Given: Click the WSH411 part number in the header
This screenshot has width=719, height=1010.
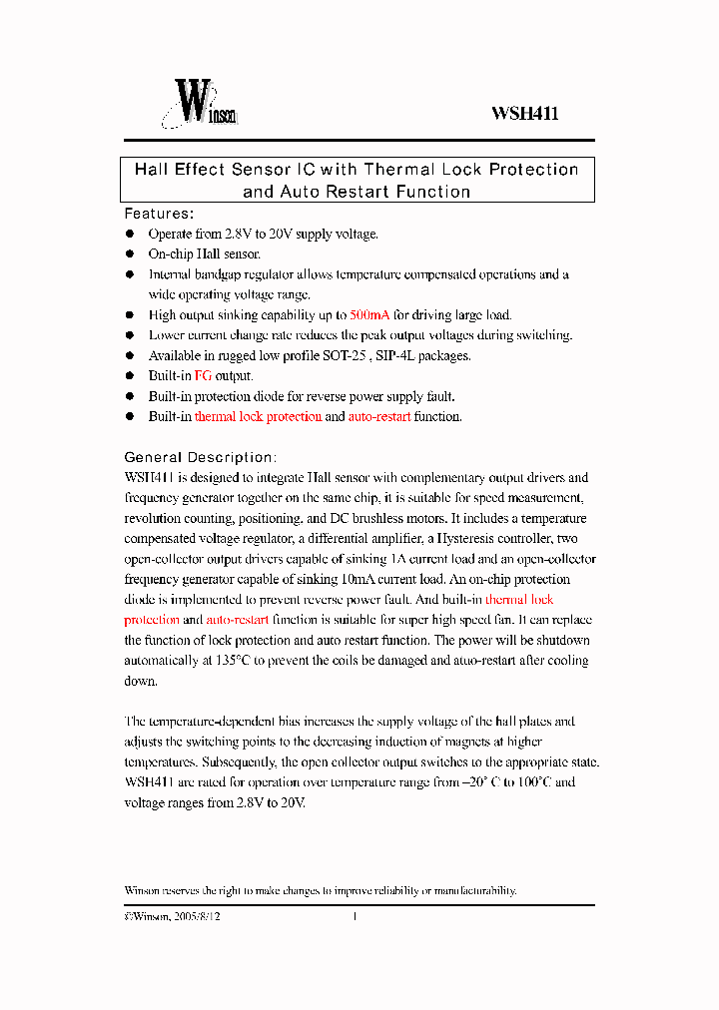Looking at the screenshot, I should click(524, 114).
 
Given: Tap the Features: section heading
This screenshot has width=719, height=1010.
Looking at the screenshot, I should click(159, 214).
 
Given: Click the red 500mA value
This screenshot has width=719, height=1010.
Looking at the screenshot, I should click(372, 314).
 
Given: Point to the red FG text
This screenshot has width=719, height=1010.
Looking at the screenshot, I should click(203, 376).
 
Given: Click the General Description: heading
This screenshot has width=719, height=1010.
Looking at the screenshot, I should click(199, 457).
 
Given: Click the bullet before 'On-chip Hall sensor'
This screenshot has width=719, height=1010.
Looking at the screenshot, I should click(129, 254).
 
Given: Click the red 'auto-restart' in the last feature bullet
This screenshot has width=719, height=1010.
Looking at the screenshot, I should click(378, 417).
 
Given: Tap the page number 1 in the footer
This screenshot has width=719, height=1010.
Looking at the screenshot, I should click(355, 916).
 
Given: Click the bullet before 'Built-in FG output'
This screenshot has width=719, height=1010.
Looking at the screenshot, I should click(129, 376).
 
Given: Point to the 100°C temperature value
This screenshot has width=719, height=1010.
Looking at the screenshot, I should click(528, 782).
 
